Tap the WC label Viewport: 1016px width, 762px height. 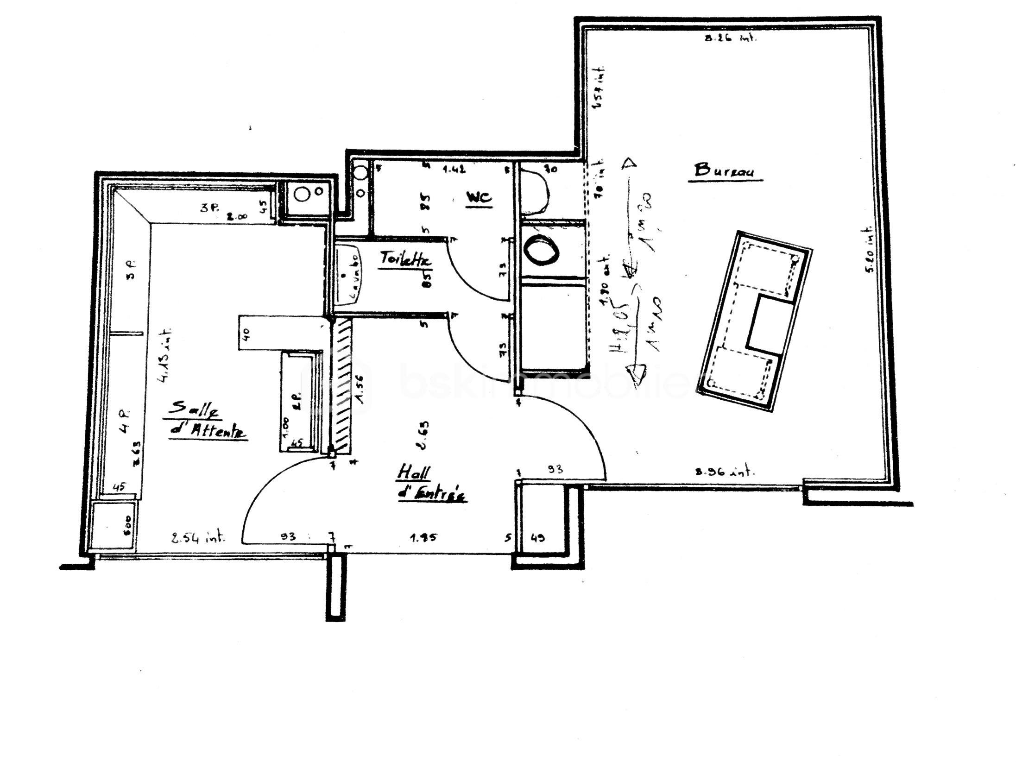[479, 198]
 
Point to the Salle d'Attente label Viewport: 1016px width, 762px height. [206, 419]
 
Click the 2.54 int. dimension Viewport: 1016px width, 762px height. [198, 538]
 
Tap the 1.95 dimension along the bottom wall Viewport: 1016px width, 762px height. [423, 538]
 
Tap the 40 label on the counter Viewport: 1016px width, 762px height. [246, 332]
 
